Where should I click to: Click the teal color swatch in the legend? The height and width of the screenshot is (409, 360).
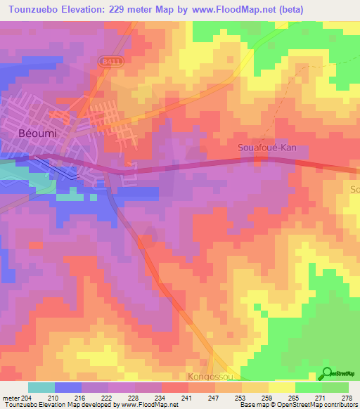pyautogui.click(x=41, y=387)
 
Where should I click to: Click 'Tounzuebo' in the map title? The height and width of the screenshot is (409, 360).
pyautogui.click(x=32, y=9)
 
